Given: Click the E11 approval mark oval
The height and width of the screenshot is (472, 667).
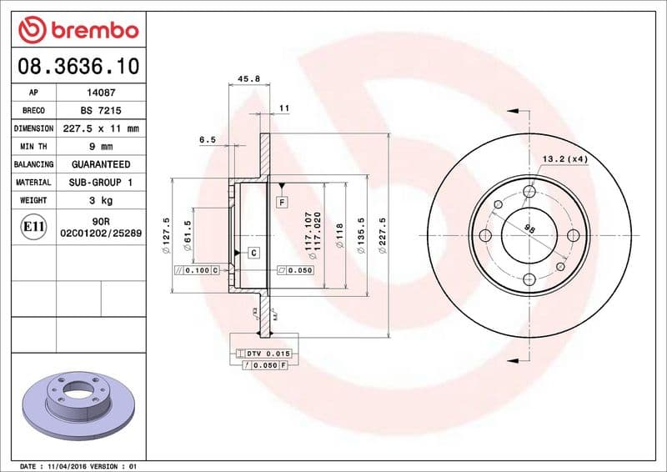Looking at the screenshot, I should click(33, 226).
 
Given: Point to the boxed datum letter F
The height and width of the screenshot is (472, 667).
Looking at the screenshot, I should click(283, 203).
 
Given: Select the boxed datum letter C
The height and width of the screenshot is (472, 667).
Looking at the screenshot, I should click(252, 252).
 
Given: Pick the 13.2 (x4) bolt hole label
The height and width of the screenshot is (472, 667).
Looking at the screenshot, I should click(565, 158).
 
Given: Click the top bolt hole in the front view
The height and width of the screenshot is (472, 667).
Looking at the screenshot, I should click(529, 193).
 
